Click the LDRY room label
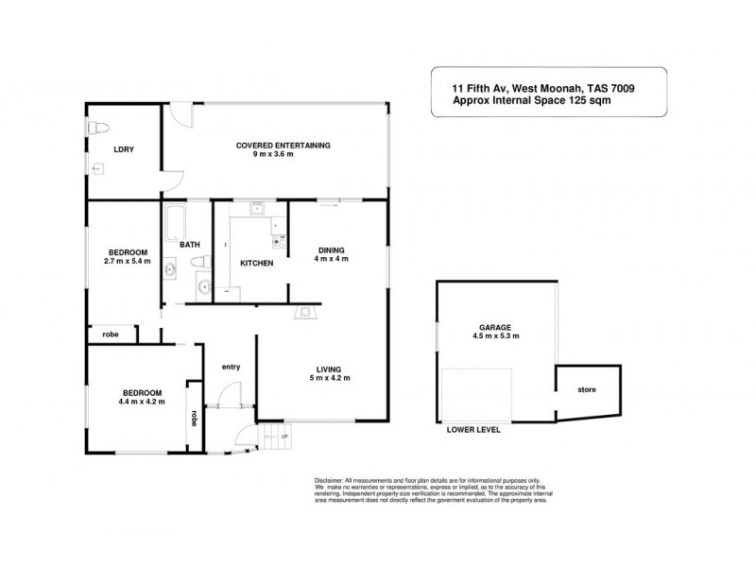[123, 148]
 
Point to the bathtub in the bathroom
[173, 222]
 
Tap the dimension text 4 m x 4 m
[332, 259]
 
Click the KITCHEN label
[256, 263]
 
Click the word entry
[230, 367]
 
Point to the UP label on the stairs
[284, 437]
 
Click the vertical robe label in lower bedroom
[194, 416]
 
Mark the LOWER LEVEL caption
[472, 430]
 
